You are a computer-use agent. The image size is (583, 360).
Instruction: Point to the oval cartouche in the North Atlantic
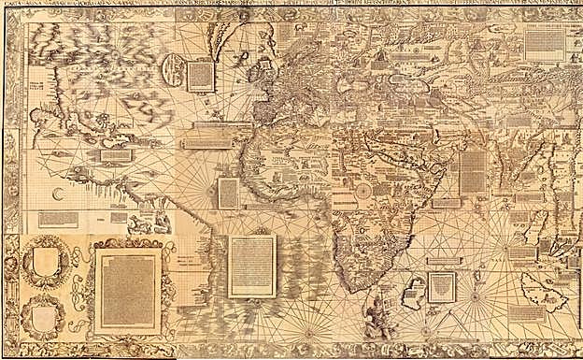click(x=174, y=68)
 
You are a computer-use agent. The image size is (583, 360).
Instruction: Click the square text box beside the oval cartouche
click(x=200, y=76)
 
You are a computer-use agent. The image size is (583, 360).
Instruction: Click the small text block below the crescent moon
click(x=58, y=218)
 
